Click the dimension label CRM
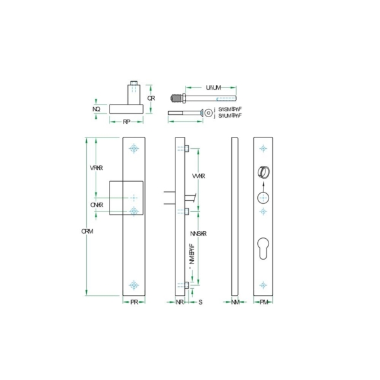click(x=87, y=231)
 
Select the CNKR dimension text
click(x=96, y=205)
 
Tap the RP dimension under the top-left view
click(x=127, y=121)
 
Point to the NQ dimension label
click(x=96, y=110)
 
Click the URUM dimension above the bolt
click(x=213, y=87)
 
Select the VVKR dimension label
click(x=198, y=175)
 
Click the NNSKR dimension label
click(x=199, y=233)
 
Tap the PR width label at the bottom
click(x=134, y=303)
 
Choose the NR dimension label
click(x=180, y=303)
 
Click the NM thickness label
click(x=235, y=303)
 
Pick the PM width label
click(x=264, y=303)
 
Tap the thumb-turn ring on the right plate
click(x=264, y=172)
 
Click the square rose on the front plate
click(x=126, y=198)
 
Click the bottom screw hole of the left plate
click(x=134, y=285)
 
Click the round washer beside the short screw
click(x=208, y=113)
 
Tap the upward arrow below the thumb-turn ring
click(x=264, y=186)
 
